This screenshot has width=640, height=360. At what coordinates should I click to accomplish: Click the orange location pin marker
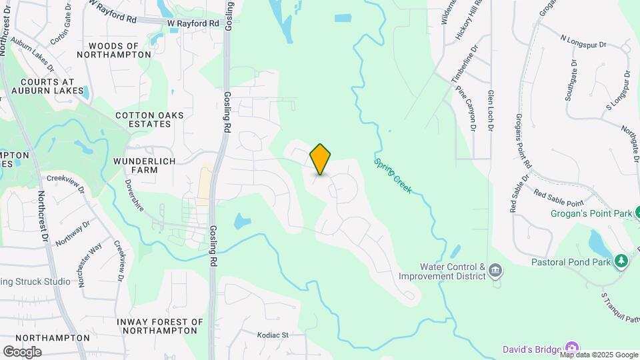point(321,159)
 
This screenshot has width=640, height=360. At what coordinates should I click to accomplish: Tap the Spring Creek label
point(393,176)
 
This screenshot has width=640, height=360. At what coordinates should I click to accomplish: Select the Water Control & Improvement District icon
point(495,270)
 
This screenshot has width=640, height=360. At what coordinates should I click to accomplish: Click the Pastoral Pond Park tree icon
point(621,261)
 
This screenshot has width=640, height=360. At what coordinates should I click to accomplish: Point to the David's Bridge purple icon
point(570,348)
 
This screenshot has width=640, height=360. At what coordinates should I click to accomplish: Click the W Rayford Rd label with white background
point(193,23)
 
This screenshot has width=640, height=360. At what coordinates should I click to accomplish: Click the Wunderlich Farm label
point(145,165)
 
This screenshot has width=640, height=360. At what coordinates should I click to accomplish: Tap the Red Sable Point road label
point(559,197)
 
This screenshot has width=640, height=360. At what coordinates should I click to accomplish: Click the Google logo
point(22,351)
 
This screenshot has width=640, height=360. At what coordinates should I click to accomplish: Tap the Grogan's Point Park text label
point(591,214)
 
